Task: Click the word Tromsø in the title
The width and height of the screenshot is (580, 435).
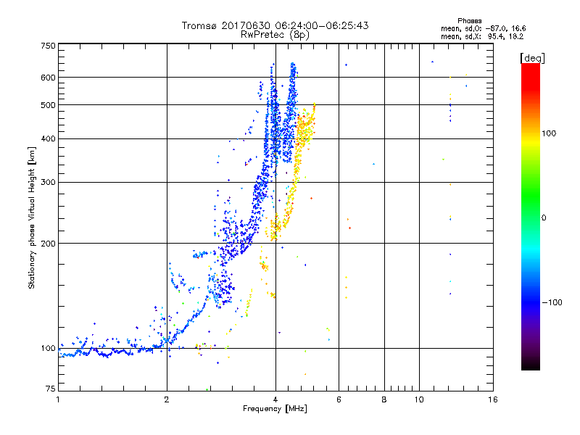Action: (x=202, y=25)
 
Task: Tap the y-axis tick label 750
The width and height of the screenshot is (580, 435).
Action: (x=47, y=46)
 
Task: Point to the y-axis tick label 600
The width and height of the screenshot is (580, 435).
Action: (x=47, y=77)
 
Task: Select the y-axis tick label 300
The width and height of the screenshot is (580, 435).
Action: (x=47, y=182)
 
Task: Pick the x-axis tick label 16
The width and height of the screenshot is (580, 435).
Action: (x=492, y=399)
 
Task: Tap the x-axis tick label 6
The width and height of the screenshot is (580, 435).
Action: (x=339, y=399)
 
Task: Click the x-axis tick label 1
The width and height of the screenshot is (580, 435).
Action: (x=58, y=399)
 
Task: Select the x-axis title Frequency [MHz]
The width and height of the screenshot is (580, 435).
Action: (x=275, y=410)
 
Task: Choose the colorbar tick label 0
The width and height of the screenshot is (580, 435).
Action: (x=544, y=217)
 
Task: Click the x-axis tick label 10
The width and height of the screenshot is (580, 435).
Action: (x=418, y=399)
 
